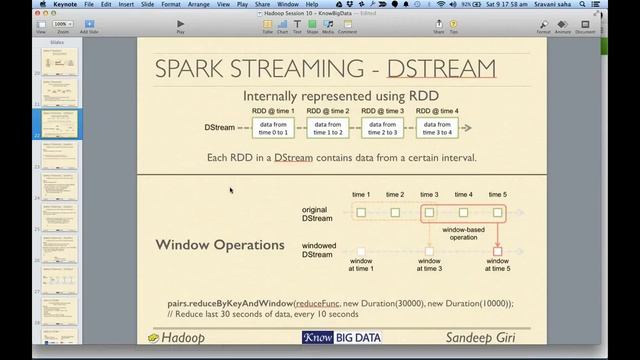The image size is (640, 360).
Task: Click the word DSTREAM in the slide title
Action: point(443,69)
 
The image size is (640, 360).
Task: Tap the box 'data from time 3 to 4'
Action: point(437,128)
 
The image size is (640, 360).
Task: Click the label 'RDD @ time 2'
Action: point(327,110)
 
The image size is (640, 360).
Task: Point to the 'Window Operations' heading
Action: point(220,245)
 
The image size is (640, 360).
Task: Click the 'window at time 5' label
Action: point(497,265)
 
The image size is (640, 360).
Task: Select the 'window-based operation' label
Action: point(463,234)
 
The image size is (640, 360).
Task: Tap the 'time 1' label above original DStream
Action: point(361,194)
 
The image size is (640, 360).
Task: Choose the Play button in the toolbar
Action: point(180,24)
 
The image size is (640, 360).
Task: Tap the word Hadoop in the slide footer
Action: point(182,338)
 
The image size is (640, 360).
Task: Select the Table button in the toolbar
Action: point(268,24)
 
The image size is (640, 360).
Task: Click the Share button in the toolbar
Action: point(439,24)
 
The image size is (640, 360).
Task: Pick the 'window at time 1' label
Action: point(360,265)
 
